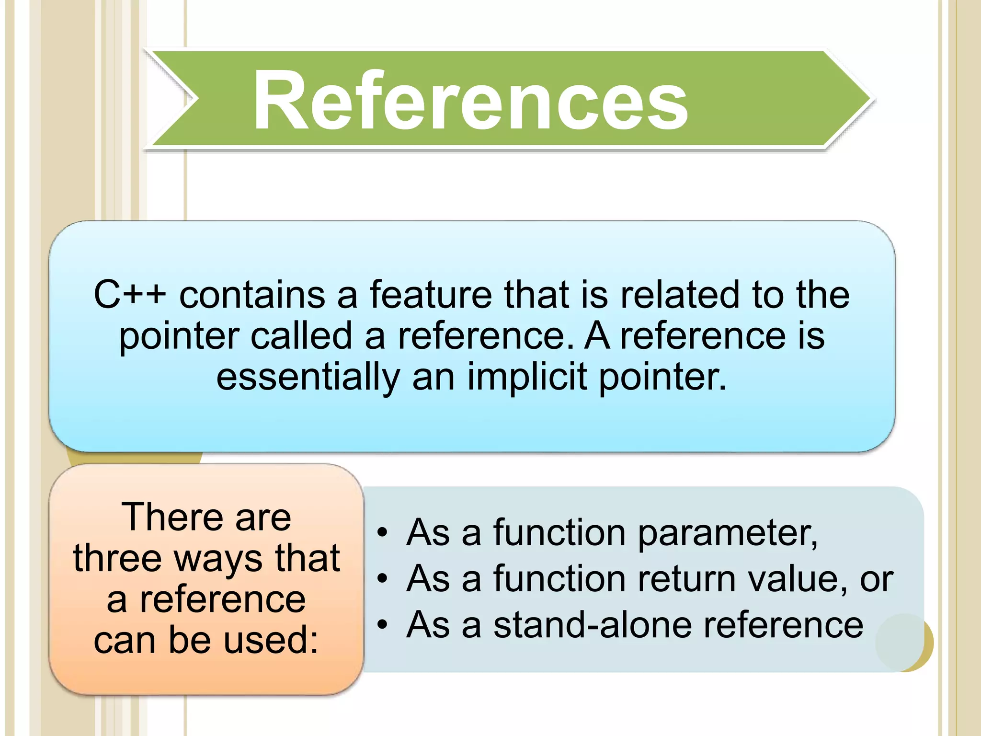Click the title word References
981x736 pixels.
[x=470, y=100]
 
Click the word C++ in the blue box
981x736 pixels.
[x=130, y=294]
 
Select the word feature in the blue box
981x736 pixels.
[x=431, y=294]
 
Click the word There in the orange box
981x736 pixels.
[x=172, y=517]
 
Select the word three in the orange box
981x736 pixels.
[x=118, y=559]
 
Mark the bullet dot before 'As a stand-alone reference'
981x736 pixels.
[x=382, y=625]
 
